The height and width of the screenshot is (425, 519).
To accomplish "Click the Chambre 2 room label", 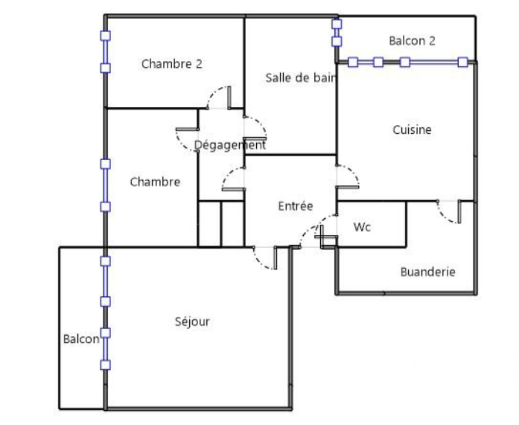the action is (171, 64).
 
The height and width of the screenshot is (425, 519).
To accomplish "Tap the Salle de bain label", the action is (301, 77).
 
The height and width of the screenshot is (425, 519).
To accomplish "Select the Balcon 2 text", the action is (412, 41).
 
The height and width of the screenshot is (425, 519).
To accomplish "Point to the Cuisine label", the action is (412, 130).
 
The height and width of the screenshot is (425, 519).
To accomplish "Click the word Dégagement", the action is (229, 145).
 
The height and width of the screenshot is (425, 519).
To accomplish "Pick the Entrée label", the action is (296, 206).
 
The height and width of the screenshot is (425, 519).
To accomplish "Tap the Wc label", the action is (362, 227).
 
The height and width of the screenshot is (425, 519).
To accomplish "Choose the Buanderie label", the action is (427, 272).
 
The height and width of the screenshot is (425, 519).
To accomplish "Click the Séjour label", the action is (192, 322).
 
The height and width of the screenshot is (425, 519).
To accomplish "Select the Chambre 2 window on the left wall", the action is (105, 52).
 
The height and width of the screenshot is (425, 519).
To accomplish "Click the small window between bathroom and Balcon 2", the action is (337, 33).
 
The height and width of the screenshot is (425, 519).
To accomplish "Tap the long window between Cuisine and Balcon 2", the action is (408, 63).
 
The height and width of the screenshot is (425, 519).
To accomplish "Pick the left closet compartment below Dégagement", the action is (209, 224).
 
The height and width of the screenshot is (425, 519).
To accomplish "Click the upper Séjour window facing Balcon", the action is (105, 281).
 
